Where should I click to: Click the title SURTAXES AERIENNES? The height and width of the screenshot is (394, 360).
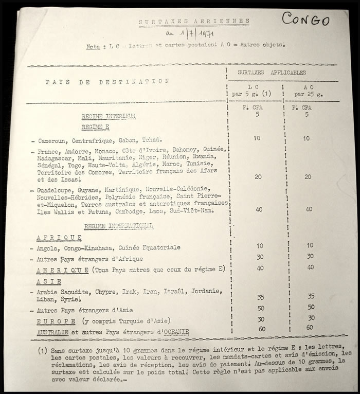point(194,22)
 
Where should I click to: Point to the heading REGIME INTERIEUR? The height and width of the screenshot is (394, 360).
point(109,117)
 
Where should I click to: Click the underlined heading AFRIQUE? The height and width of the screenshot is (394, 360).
point(59,237)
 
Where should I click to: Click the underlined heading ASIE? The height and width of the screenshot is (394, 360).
point(49,281)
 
